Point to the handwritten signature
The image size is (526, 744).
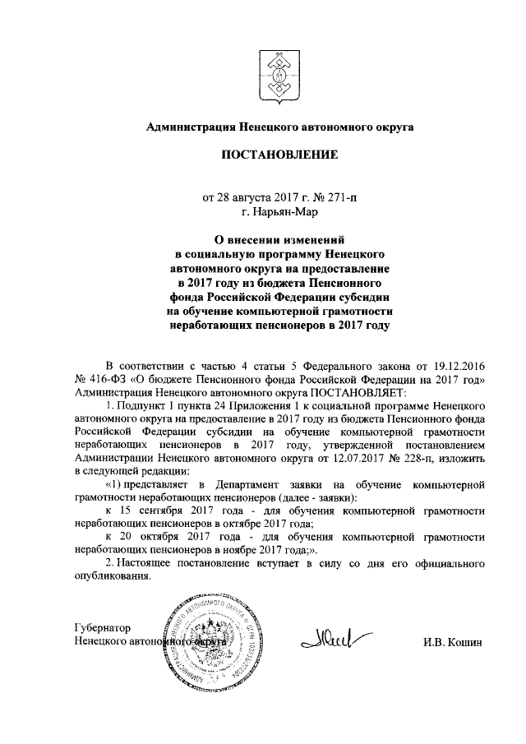click(x=338, y=635)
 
